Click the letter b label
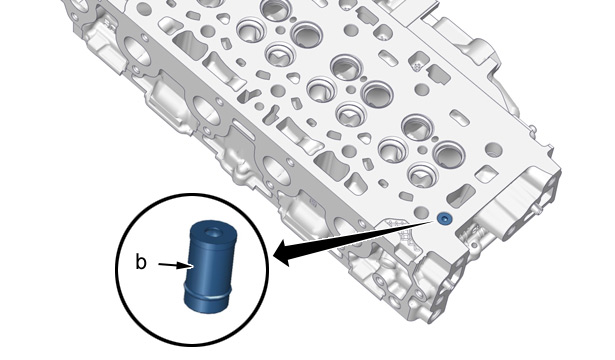(140, 262)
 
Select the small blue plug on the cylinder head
(444, 218)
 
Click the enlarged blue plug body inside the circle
(210, 267)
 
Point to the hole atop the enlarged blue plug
(214, 232)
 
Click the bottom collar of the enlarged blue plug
(206, 300)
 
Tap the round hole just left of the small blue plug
(422, 213)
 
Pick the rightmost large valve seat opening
(449, 155)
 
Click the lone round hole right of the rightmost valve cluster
(494, 149)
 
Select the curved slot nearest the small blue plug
(461, 195)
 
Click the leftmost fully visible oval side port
(138, 52)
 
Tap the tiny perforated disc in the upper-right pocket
(417, 66)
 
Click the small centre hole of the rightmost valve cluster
(422, 150)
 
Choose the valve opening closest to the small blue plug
(422, 175)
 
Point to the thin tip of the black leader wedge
(434, 222)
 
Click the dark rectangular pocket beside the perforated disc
(439, 75)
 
